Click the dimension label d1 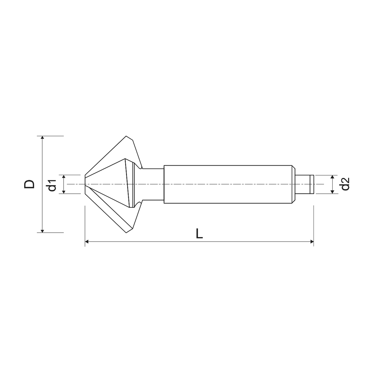52,184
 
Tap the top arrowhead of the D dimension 43,138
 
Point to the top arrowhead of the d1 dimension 64,176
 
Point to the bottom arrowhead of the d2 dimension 332,192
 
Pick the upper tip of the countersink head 126,137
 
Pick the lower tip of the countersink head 126,233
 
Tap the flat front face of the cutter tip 85,184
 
